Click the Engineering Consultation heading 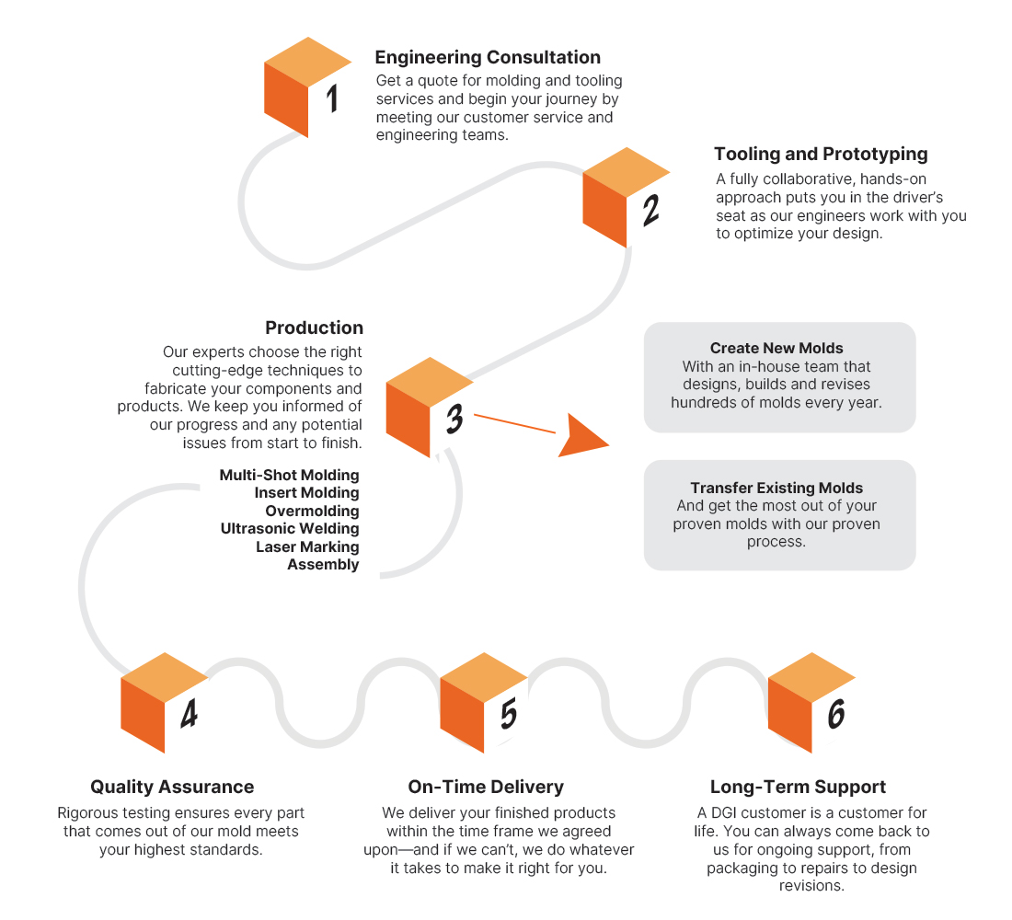point(488,57)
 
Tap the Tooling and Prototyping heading point(821,155)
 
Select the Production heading point(315,328)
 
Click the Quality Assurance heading point(172,787)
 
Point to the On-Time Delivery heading point(486,787)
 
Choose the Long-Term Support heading point(798,787)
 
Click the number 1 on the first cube point(332,98)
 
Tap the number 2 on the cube point(651,210)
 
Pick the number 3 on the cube point(455,419)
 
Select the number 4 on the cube point(190,714)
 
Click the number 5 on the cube point(509,714)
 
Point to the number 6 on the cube point(836,714)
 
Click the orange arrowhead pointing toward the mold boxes point(581,437)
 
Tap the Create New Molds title point(776,349)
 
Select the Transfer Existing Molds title point(776,489)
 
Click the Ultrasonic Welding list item point(290,529)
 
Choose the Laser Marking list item point(307,546)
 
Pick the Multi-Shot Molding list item point(289,475)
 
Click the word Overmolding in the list point(313,511)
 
